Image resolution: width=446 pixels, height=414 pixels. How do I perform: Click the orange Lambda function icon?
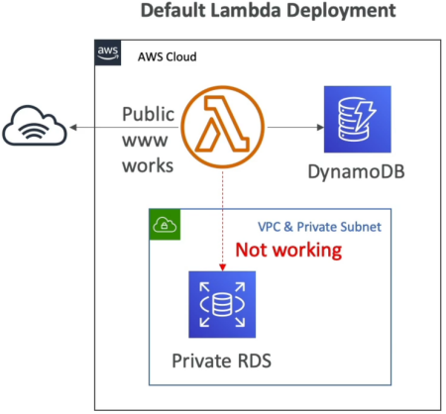[x=223, y=127]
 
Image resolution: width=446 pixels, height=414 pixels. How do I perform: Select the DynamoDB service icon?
[x=358, y=119]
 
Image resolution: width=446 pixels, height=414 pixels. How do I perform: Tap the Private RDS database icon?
[x=222, y=304]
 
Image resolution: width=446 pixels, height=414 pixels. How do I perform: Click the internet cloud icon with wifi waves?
[x=35, y=126]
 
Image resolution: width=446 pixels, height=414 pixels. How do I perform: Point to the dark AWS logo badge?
[x=108, y=52]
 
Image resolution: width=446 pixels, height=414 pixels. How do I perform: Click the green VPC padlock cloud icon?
[x=165, y=225]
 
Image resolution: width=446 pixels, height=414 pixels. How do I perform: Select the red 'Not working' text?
[x=288, y=250]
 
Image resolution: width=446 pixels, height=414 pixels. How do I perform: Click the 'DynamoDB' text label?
[x=356, y=171]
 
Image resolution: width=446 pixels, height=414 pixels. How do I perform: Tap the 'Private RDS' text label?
[x=221, y=361]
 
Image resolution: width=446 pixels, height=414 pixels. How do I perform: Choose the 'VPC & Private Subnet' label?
[x=319, y=227]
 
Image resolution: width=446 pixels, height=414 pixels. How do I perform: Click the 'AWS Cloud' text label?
[x=167, y=56]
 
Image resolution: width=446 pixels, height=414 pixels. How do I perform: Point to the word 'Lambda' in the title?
[x=246, y=10]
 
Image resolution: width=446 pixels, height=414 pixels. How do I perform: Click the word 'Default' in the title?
[x=172, y=10]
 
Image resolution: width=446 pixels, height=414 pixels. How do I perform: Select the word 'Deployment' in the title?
[x=341, y=11]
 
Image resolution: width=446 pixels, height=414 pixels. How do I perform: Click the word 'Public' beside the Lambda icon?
[x=149, y=114]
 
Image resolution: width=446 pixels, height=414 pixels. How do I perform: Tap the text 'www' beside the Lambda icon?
[x=145, y=141]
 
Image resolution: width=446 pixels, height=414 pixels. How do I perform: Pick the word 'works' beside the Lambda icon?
[x=148, y=165]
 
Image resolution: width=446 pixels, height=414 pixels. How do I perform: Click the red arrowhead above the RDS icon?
[x=223, y=267]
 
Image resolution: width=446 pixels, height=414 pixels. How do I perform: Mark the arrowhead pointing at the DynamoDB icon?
[x=320, y=127]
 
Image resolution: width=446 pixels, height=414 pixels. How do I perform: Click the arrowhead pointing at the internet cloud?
[x=73, y=127]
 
